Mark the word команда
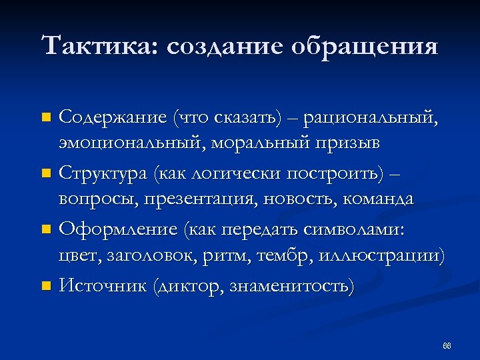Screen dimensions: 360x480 tap(379, 199)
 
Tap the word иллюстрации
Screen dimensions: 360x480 tap(381, 257)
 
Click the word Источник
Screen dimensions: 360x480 tap(102, 286)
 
